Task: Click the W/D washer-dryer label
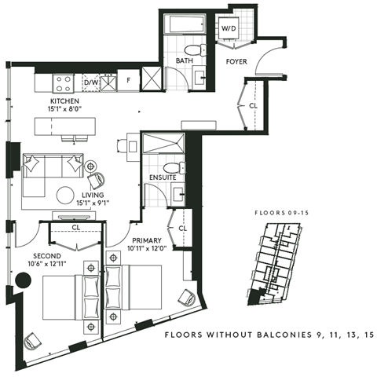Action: pyautogui.click(x=229, y=27)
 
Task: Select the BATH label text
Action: pyautogui.click(x=185, y=60)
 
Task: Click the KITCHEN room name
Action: pyautogui.click(x=64, y=102)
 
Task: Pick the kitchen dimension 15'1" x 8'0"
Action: pyautogui.click(x=64, y=111)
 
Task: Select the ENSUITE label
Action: pyautogui.click(x=163, y=178)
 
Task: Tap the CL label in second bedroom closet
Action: pyautogui.click(x=75, y=229)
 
